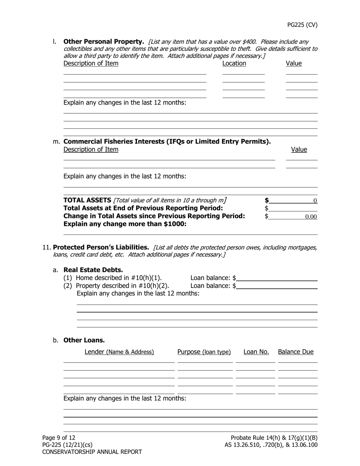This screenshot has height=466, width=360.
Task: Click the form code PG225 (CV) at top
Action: [302, 25]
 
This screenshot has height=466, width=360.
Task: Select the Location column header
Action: [234, 64]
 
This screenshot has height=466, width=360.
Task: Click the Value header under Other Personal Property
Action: [294, 64]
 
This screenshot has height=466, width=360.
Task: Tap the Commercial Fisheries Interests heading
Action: [167, 142]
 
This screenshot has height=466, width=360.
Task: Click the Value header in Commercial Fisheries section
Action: [299, 150]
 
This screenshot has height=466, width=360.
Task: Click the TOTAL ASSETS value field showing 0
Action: [293, 200]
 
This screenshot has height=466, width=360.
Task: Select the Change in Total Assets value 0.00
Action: [293, 217]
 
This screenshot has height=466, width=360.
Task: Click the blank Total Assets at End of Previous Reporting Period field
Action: [293, 208]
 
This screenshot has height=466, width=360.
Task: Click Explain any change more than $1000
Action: [125, 224]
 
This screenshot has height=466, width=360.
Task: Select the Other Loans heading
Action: [84, 340]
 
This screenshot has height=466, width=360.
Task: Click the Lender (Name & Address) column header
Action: [119, 352]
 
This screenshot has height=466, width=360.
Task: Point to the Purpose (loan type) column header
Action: [204, 352]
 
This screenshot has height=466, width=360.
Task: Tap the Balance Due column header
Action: [296, 352]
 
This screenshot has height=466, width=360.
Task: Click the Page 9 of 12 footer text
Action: [59, 438]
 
